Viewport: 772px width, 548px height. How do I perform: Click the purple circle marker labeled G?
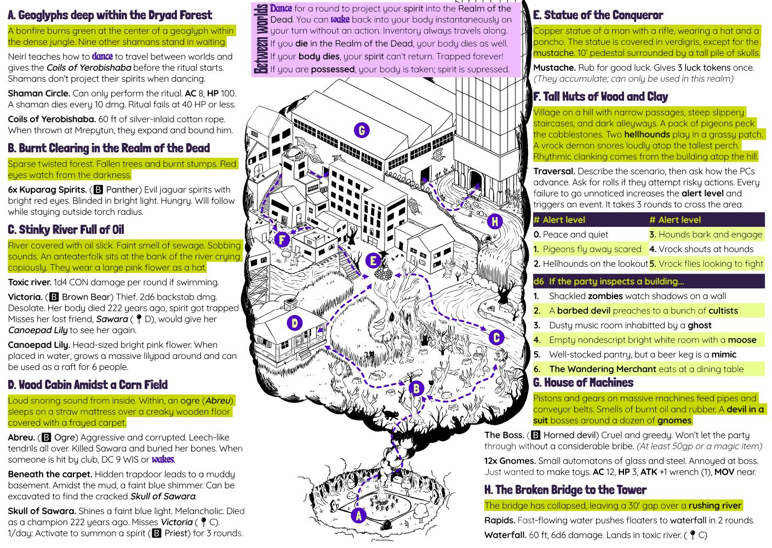coord(362,130)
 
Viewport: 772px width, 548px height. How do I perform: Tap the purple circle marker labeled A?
coord(359,516)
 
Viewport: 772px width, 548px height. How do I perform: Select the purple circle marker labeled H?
coord(495,221)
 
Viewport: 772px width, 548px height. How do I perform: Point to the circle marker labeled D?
coord(295,323)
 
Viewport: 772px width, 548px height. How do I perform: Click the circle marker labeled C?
coord(496,338)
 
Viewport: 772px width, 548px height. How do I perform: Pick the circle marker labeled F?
coord(282,239)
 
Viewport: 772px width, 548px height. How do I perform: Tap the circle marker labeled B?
coord(416,389)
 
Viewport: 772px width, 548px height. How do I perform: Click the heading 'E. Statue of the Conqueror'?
coord(598,15)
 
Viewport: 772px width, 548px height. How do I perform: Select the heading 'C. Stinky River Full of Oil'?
coord(66,230)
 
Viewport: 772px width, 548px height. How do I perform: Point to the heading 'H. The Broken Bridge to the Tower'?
coord(565,490)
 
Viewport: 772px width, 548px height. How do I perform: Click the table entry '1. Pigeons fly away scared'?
coord(587,249)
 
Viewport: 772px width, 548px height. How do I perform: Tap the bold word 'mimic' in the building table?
coord(723,355)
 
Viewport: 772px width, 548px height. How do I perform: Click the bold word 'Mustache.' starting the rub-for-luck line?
coord(554,67)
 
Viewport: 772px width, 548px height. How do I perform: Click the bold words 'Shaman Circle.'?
coord(39,93)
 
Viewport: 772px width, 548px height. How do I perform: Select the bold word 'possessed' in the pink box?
coord(333,69)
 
